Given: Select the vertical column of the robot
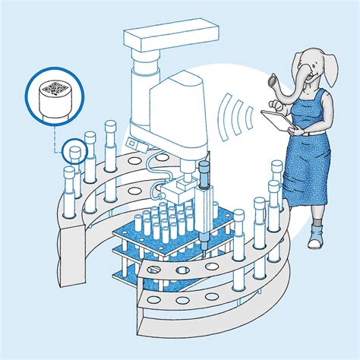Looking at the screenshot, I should pos(141,91).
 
